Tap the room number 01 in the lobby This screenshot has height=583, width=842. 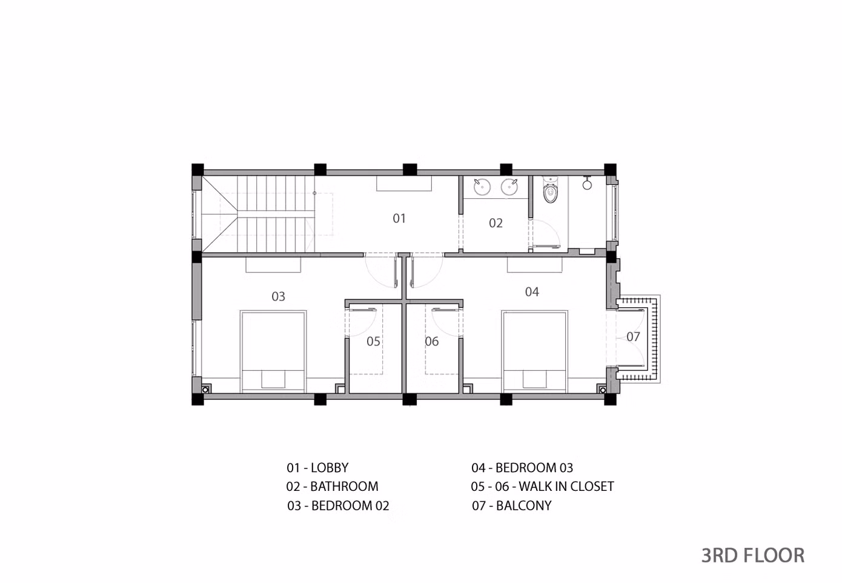tap(399, 218)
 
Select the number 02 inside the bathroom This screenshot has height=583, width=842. tap(496, 223)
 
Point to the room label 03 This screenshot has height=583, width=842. tap(278, 296)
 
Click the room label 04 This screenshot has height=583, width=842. tap(532, 291)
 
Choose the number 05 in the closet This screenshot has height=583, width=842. tap(373, 341)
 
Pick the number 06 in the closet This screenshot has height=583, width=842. tap(431, 341)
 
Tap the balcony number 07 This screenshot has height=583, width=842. tap(633, 336)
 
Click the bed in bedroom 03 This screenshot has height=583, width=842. tap(273, 351)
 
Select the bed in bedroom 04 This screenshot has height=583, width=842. tap(534, 351)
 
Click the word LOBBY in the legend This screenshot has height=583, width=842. tap(330, 467)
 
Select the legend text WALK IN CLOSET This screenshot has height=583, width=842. tap(566, 486)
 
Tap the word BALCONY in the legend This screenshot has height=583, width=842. tap(523, 505)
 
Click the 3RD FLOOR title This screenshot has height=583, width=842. tap(753, 555)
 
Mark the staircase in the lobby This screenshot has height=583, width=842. tap(258, 214)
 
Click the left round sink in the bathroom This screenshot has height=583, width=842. tap(482, 187)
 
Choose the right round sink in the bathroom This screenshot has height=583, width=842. tap(509, 187)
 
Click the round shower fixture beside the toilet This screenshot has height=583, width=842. tap(587, 184)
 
